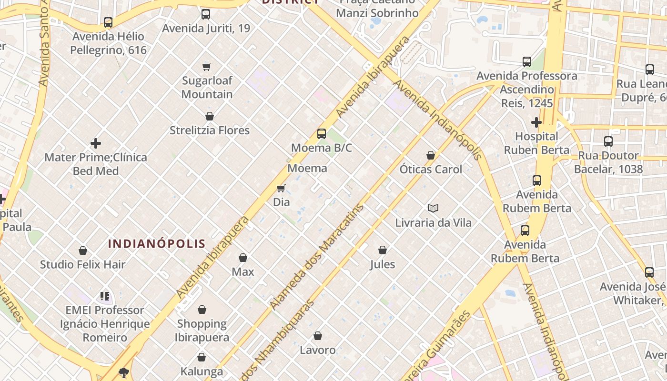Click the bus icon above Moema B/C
point(322,134)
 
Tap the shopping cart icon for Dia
point(281,188)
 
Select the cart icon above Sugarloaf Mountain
point(206,67)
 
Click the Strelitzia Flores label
point(210,130)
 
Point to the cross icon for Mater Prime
point(96,143)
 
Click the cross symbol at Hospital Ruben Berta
point(536,122)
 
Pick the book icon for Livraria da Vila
point(433,208)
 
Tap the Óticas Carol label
point(431,169)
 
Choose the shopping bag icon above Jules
point(382,250)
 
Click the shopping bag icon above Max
point(243,258)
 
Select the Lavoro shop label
point(318,350)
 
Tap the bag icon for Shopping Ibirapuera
point(202,310)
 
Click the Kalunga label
point(202,371)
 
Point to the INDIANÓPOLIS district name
point(157,244)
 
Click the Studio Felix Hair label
point(83,264)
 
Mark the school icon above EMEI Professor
point(105,296)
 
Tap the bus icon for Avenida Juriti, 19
point(206,14)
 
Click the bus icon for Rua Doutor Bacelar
point(608,141)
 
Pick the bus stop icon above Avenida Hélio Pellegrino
point(108,22)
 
